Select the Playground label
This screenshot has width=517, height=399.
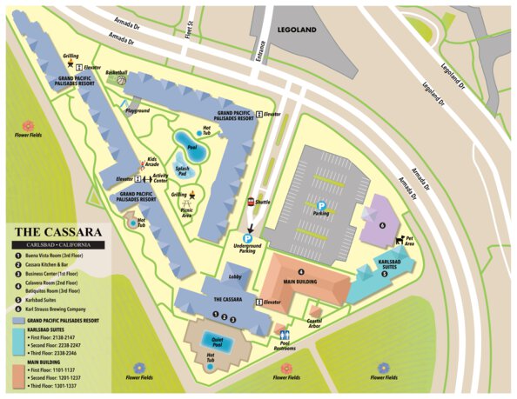click(138, 111)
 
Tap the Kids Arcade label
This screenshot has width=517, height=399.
click(151, 162)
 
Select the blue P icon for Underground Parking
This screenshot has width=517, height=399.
click(247, 237)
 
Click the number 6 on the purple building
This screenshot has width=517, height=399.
click(382, 223)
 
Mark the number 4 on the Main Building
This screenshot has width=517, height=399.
click(300, 272)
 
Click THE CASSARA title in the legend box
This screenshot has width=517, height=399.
click(57, 232)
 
